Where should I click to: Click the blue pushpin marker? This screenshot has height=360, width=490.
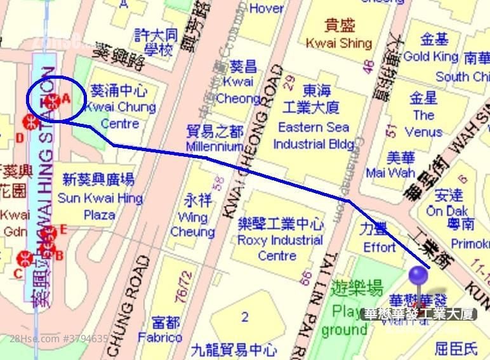click(418, 276)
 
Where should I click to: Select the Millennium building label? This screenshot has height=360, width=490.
click(215, 139)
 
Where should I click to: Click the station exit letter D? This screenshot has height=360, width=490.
click(20, 138)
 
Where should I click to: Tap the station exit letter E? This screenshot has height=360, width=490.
click(63, 230)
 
